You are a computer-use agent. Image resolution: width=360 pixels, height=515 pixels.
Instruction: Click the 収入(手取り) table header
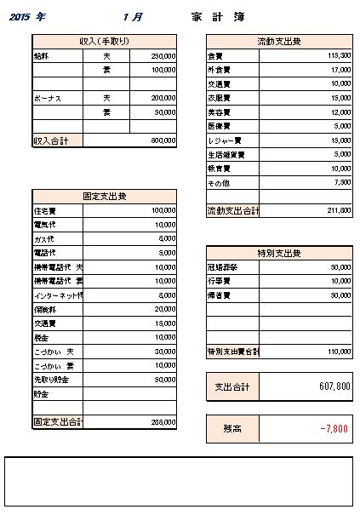pos(105,41)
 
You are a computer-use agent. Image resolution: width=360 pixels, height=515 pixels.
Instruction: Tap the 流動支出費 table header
pos(279,41)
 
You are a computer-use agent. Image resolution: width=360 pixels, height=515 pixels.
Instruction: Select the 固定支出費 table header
pos(105,197)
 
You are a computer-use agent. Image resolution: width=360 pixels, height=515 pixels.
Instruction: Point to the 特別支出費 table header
pos(279,253)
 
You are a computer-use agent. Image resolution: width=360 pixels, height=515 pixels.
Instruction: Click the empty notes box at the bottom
pos(180,481)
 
